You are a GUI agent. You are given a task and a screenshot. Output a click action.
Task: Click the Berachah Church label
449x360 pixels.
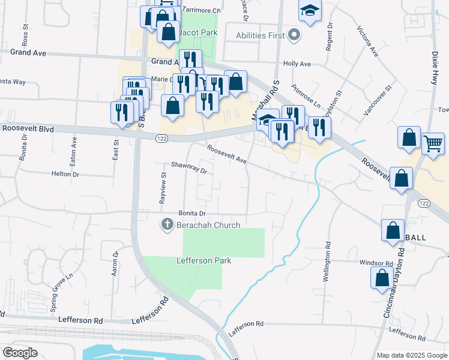tap(208, 225)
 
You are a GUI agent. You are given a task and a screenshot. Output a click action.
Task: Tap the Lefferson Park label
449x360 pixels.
tap(203, 260)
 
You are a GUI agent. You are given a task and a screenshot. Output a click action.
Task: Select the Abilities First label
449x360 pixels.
tap(260, 36)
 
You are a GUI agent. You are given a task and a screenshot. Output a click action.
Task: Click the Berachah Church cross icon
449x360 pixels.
tap(166, 225)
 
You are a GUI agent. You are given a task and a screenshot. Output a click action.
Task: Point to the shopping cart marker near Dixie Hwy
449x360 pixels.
tap(433, 143)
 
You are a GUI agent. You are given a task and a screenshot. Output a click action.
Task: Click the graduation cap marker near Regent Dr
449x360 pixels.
tap(310, 11)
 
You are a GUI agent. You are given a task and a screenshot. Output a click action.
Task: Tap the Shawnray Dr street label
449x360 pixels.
tap(188, 167)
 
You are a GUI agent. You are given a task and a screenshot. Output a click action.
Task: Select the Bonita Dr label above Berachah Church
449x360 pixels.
tap(192, 214)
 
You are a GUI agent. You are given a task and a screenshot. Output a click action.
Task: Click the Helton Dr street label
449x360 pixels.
tap(66, 174)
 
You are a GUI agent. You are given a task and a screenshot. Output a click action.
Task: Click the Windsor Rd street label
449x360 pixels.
tap(376, 263)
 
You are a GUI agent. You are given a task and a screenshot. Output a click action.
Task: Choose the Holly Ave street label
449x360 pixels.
tap(297, 64)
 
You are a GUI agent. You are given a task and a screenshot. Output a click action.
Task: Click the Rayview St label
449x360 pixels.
tap(163, 188)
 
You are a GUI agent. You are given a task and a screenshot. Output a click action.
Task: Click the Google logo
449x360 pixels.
tap(20, 353)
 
